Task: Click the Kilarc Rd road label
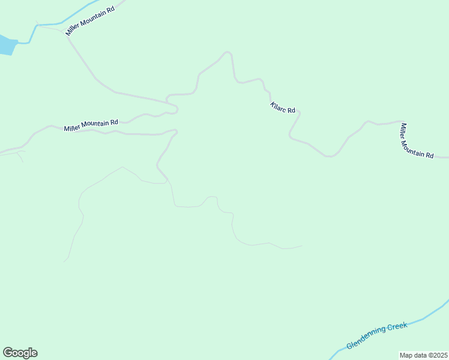[283, 108]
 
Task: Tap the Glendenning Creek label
[377, 335]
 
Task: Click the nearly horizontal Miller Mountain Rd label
[91, 125]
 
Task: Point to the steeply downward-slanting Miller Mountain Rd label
[417, 140]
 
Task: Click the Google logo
[20, 353]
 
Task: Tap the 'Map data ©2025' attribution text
[423, 355]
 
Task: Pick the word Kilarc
[278, 106]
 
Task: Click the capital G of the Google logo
[8, 352]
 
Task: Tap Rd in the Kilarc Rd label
[291, 110]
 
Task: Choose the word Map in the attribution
[406, 355]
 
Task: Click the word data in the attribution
[420, 355]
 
